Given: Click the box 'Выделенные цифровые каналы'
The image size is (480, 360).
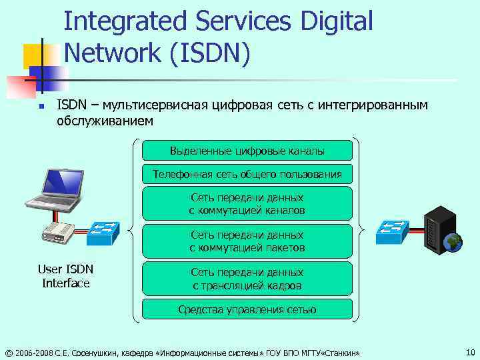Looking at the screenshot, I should coord(247,151).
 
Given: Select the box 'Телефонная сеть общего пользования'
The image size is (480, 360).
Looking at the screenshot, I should coord(247,175).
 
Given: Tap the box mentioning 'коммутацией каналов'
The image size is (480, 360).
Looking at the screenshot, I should coord(247,204).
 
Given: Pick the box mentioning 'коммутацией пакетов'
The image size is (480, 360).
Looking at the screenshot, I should coord(247,241).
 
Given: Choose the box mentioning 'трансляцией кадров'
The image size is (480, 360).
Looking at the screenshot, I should coord(247,279).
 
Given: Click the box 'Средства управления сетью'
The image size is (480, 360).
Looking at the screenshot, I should coord(247,309).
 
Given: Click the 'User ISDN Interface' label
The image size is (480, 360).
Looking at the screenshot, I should coord(65,276).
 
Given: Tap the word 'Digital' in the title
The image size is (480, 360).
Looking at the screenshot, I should coord(333,21).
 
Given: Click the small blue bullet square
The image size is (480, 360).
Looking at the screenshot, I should coord(41,106).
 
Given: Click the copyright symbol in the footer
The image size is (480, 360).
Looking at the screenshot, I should coord(8,352).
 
